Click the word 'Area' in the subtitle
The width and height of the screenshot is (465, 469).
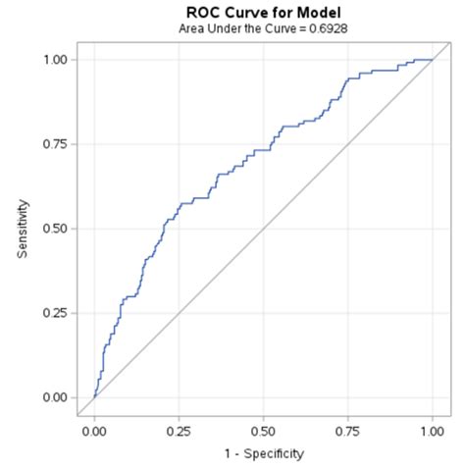click(x=193, y=28)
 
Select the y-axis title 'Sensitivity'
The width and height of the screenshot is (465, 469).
click(x=23, y=229)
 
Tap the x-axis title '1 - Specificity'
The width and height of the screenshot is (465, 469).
click(x=263, y=453)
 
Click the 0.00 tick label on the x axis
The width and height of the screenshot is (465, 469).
click(x=94, y=430)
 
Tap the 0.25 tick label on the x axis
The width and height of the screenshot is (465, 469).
click(x=179, y=430)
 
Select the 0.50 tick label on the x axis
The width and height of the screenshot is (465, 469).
click(x=263, y=430)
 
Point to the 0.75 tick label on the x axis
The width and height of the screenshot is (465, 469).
click(x=347, y=430)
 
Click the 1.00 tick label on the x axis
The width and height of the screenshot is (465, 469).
click(x=432, y=430)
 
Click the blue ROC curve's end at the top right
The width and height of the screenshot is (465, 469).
click(x=432, y=60)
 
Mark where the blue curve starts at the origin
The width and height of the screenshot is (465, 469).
click(x=94, y=397)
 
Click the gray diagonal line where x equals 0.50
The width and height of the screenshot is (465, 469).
click(x=263, y=229)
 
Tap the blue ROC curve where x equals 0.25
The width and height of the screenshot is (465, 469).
click(x=179, y=206)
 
